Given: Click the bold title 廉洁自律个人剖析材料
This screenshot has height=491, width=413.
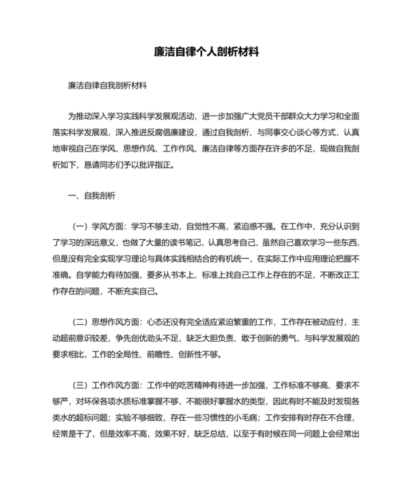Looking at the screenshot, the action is point(206,53).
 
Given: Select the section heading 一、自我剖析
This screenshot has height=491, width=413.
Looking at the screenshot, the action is point(91,196).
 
